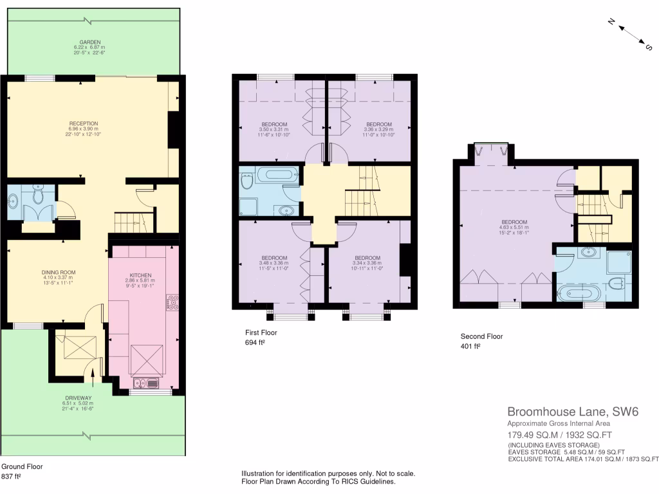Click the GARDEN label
click(x=88, y=42)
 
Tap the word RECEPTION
click(x=84, y=123)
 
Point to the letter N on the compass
click(x=613, y=22)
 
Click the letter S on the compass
click(x=649, y=46)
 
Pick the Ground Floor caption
click(x=23, y=466)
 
